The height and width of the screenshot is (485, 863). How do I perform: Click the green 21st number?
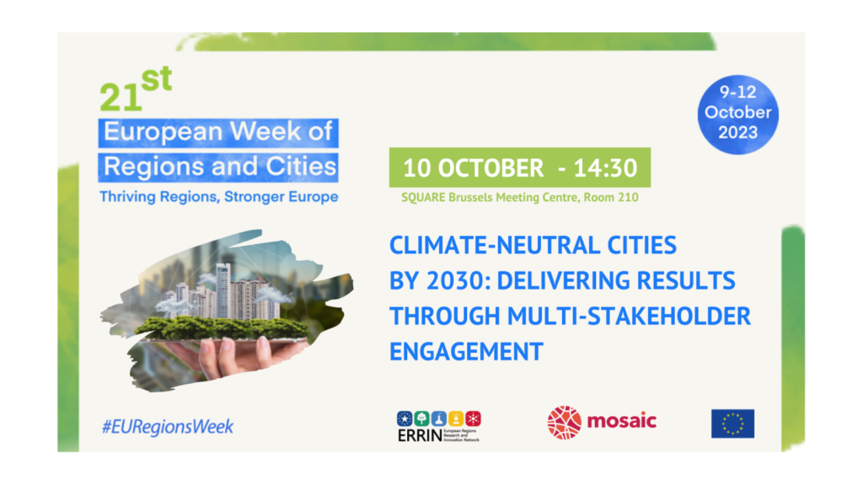point(136,89)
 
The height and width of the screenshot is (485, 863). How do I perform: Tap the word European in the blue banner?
point(163,132)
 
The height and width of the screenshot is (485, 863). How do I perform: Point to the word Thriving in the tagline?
point(127,197)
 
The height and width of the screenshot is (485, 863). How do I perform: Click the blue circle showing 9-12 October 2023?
point(737,115)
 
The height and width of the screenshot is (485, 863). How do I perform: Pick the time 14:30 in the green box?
point(605,168)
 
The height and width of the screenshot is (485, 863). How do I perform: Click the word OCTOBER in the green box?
point(490,168)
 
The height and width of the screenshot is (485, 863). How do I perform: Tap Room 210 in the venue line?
point(611,197)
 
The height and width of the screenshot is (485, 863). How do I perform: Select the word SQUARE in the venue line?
point(423,197)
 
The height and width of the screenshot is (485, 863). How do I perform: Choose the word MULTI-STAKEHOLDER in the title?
point(629,317)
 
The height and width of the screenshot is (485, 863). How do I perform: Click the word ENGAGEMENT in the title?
point(466,352)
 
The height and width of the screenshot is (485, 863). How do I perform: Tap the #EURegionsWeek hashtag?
point(168,427)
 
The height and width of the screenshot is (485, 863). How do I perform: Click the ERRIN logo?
point(438,426)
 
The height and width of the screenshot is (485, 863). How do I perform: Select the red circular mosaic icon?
point(564,423)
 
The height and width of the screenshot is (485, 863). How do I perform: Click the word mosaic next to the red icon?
point(621,421)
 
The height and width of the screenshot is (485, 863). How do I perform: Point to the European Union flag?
point(732,424)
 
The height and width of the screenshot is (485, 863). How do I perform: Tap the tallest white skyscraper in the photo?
point(222,291)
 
